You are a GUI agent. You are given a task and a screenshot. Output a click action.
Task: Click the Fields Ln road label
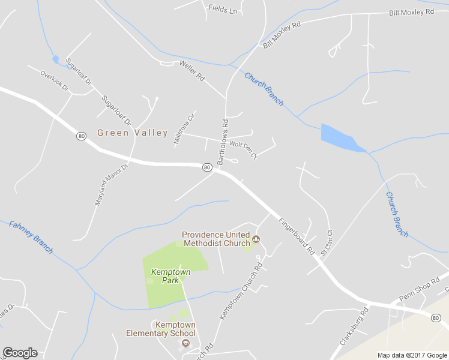tap(223, 9)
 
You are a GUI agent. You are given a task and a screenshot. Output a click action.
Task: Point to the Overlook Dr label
tap(55, 82)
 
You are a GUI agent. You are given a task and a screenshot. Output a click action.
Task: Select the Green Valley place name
tap(133, 133)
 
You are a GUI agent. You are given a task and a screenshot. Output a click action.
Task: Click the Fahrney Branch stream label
tap(31, 236)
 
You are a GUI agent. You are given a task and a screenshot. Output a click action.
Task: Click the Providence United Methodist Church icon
tap(256, 239)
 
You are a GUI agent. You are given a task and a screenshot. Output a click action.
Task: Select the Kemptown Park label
tap(170, 276)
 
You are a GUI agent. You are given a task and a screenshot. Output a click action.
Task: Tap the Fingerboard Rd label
tap(297, 236)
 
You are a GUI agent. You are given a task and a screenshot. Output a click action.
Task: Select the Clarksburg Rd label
tap(354, 326)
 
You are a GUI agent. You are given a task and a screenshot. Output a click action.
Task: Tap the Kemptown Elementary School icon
tap(186, 344)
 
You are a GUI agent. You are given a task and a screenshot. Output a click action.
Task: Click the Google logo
tap(20, 353)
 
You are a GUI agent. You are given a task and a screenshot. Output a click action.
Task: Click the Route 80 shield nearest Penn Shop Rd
tap(435, 318)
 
